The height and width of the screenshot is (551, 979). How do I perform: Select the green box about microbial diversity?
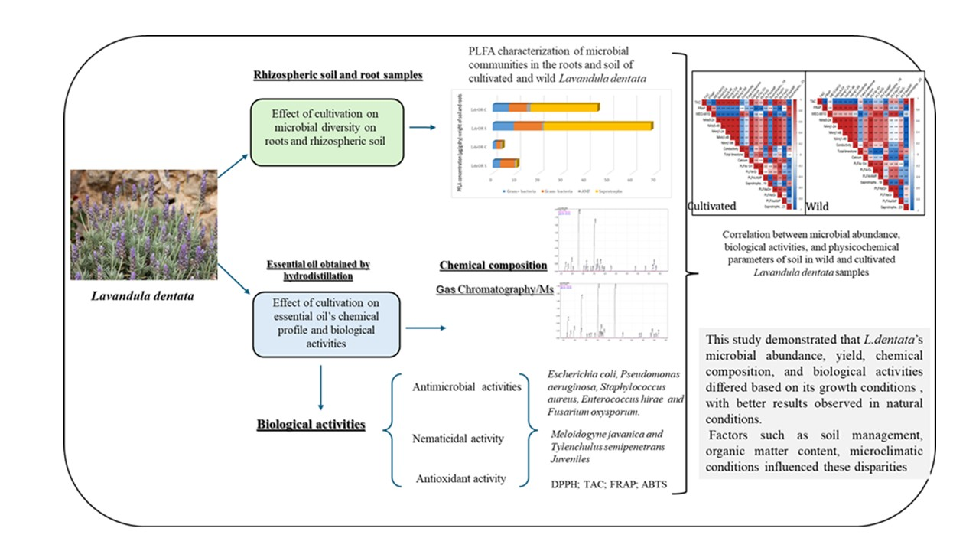coord(328,131)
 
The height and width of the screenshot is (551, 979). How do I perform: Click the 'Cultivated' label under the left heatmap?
coord(712,206)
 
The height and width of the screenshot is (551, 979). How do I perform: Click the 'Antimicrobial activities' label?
coord(467,386)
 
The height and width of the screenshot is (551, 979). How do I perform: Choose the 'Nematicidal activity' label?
coord(458,439)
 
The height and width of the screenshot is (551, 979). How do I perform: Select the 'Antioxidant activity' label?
coord(460,479)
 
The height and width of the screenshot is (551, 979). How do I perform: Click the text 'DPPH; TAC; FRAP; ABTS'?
coord(604,484)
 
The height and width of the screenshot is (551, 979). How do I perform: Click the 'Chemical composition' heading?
coord(493,266)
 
